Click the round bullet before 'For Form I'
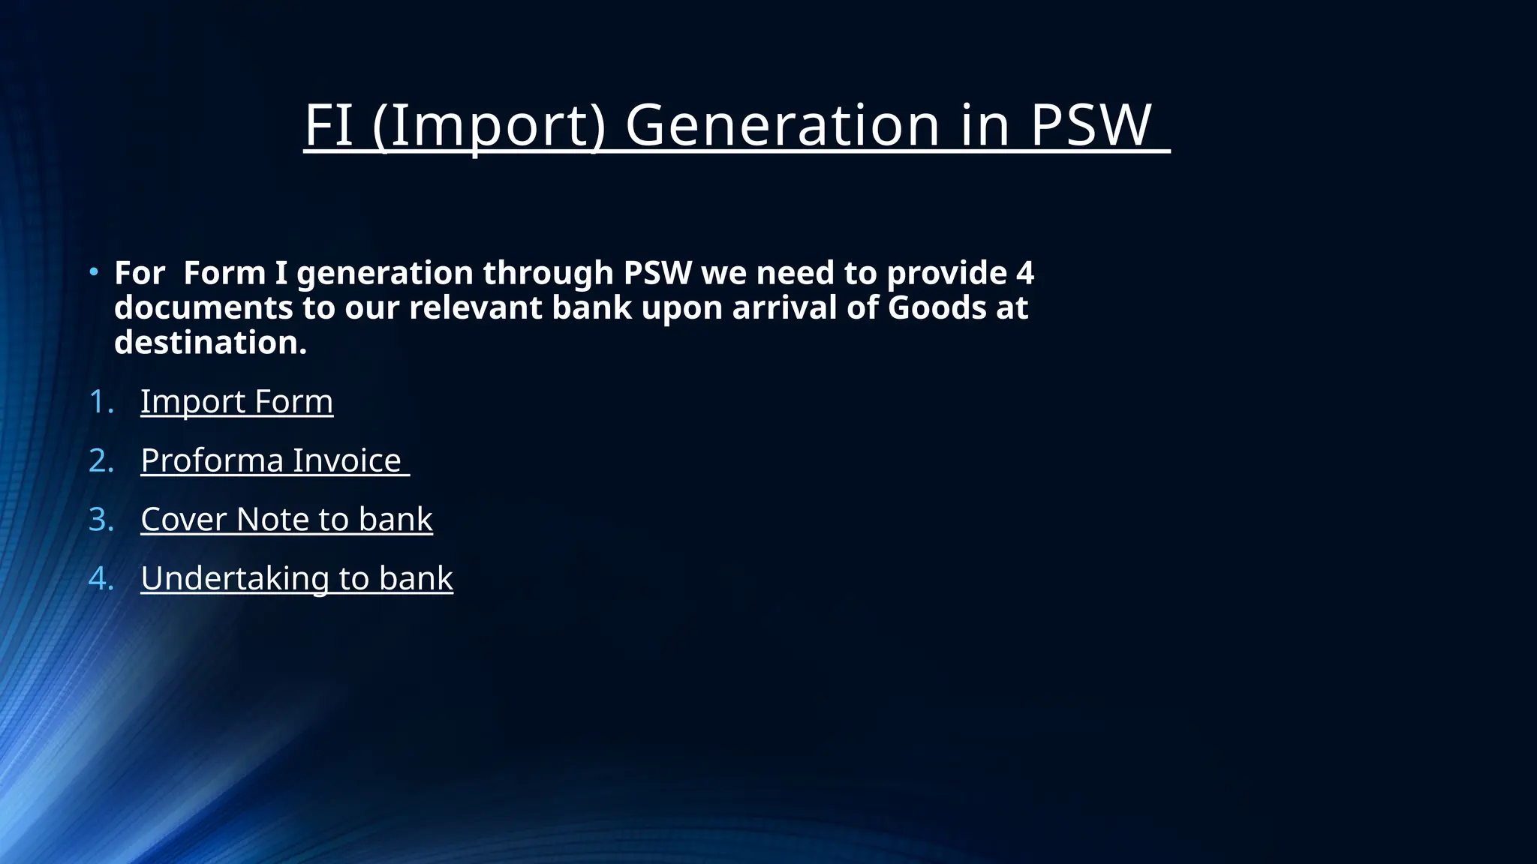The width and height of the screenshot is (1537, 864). coord(93,271)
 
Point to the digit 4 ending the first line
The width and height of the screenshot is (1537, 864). coord(1025,273)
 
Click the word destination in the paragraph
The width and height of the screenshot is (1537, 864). coord(210,343)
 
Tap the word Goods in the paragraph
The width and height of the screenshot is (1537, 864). coord(937,308)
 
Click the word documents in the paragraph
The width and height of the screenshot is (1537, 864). coord(203,308)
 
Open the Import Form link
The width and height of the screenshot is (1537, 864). coord(236,401)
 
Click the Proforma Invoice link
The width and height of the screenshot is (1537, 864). coord(271,460)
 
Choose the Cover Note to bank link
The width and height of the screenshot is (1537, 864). coord(286,520)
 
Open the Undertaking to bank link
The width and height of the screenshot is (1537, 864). coord(296,578)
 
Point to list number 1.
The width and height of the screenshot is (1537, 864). coord(99,402)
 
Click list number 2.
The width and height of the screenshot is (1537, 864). coord(100,460)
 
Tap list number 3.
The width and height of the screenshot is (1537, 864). coord(100,520)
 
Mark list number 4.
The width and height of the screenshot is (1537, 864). coord(100,578)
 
